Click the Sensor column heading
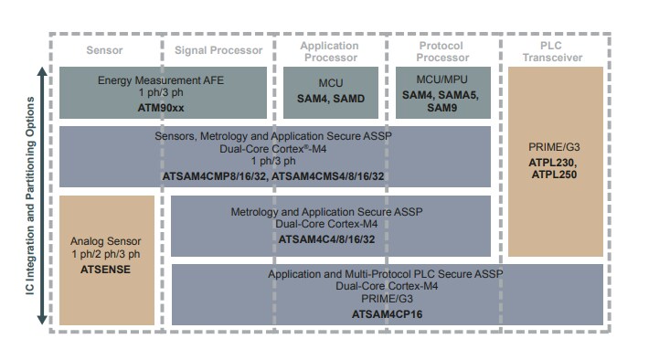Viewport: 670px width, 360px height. point(104,49)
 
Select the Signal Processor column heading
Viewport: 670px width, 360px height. point(218,49)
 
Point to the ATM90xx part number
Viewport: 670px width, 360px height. point(161,108)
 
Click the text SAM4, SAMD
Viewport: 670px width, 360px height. point(329,98)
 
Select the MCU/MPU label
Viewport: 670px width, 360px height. point(442,81)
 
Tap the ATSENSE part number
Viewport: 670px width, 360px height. point(107,270)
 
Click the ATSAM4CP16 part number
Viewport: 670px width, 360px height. point(387,314)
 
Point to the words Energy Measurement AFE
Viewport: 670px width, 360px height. point(161,80)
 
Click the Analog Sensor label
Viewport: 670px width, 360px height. point(107,241)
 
